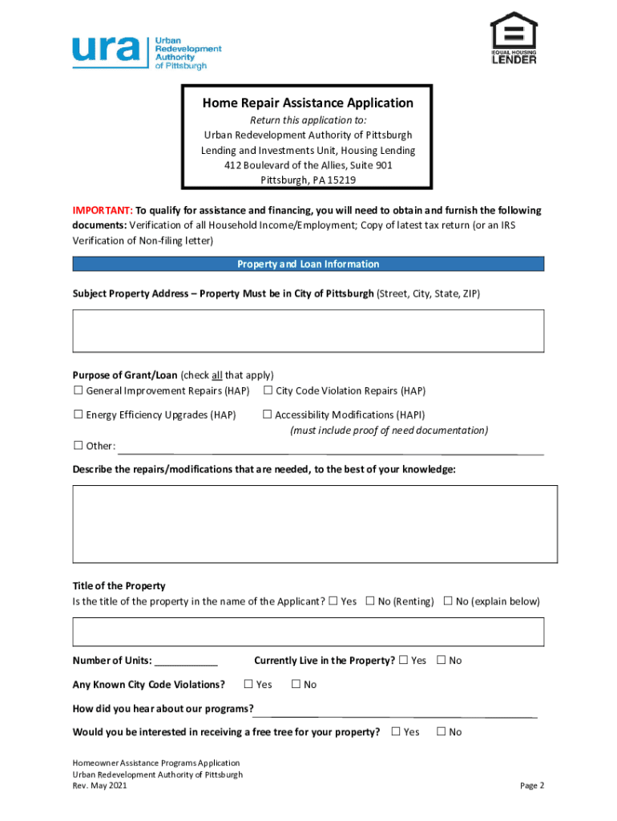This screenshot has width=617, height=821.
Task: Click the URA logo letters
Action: [106, 50]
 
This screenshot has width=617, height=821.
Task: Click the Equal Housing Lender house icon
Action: [514, 32]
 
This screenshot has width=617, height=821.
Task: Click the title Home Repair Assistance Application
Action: [308, 103]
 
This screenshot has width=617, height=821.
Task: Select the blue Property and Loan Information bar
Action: [308, 264]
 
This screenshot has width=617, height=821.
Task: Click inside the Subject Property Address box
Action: [308, 331]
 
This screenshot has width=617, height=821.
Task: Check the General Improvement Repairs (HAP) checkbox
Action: [79, 390]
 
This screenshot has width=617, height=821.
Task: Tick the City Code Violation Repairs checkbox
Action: [268, 390]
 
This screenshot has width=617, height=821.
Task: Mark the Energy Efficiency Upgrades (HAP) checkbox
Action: [79, 415]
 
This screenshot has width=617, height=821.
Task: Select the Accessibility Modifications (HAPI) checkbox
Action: [268, 415]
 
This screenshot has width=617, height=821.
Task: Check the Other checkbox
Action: [79, 445]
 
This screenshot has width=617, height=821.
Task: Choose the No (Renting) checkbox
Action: [370, 601]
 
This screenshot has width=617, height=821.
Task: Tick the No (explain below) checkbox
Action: [448, 601]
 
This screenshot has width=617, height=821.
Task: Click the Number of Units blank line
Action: [186, 661]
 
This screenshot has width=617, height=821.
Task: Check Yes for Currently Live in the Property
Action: [403, 660]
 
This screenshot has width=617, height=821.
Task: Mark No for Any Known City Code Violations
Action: [296, 684]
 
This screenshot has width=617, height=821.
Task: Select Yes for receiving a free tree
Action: [395, 731]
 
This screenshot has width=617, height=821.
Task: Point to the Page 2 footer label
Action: [532, 786]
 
